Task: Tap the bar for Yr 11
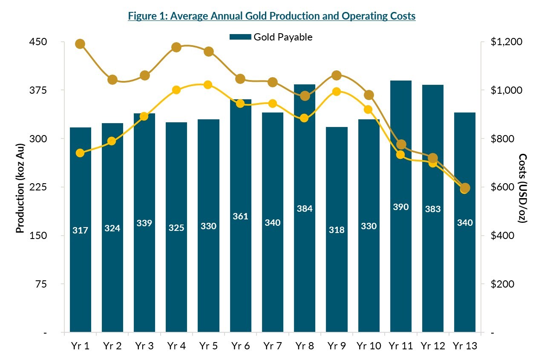[401, 256]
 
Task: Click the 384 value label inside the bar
[305, 209]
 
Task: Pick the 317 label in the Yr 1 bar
[80, 230]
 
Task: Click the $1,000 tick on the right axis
[507, 90]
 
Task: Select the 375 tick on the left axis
[38, 90]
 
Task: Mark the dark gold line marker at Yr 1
[80, 44]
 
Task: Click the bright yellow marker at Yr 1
[80, 153]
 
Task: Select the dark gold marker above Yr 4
[176, 47]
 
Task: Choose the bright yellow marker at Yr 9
[337, 92]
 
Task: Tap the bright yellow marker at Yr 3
[144, 116]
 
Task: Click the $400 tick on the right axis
[503, 236]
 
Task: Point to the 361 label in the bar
[241, 216]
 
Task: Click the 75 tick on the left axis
[41, 284]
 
